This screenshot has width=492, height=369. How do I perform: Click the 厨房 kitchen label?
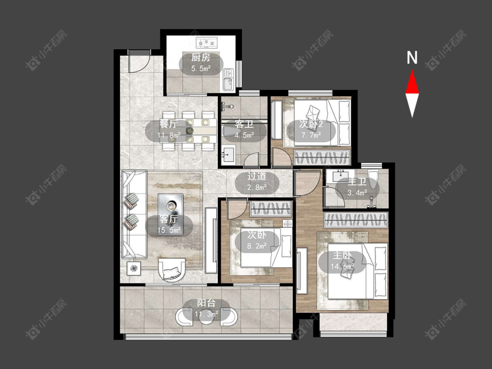[201, 57]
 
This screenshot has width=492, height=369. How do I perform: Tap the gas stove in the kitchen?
[207, 42]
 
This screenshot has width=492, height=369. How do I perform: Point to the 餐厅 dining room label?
[168, 124]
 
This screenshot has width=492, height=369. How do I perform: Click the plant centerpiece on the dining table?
[189, 130]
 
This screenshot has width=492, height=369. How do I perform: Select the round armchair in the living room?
[172, 270]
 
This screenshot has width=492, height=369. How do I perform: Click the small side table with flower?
[134, 268]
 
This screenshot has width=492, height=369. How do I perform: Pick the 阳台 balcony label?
[206, 303]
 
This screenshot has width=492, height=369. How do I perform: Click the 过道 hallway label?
[257, 176]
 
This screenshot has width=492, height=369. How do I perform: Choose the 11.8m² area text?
[169, 136]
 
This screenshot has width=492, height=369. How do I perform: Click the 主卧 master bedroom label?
[342, 255]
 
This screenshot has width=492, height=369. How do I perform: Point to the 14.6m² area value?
[342, 267]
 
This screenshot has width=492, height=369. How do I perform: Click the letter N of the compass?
[412, 57]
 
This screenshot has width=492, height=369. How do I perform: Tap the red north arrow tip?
[412, 70]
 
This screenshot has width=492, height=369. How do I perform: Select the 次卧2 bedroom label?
[311, 124]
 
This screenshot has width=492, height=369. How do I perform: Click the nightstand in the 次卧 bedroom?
[287, 223]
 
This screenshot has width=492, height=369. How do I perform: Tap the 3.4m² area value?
[357, 193]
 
